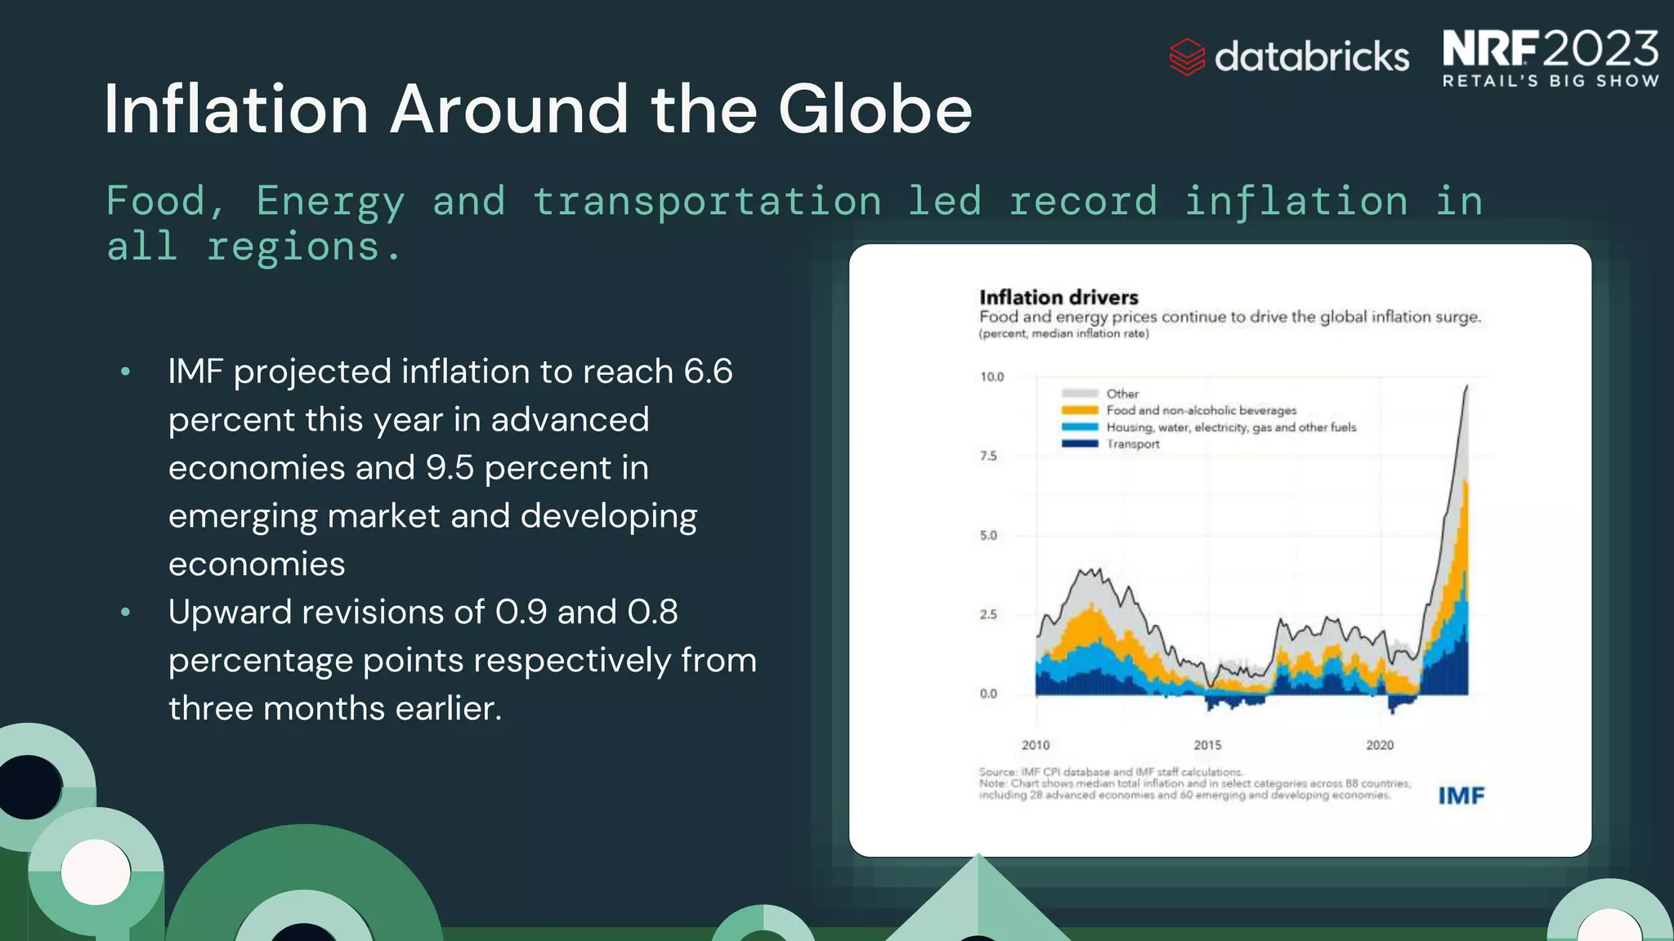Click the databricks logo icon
pyautogui.click(x=1187, y=57)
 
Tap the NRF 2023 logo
pyautogui.click(x=1550, y=57)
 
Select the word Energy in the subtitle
pyautogui.click(x=330, y=202)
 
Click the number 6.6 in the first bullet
pyautogui.click(x=708, y=372)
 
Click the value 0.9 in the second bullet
pyautogui.click(x=521, y=612)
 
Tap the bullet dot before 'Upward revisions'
pyautogui.click(x=125, y=612)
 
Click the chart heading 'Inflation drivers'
pyautogui.click(x=1059, y=297)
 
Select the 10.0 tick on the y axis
pyautogui.click(x=991, y=377)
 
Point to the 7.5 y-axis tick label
pyautogui.click(x=988, y=456)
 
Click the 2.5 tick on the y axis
pyautogui.click(x=988, y=614)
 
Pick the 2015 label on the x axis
pyautogui.click(x=1207, y=745)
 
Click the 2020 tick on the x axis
pyautogui.click(x=1380, y=745)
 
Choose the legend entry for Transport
pyautogui.click(x=1132, y=444)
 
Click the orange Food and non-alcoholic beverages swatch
pyautogui.click(x=1080, y=410)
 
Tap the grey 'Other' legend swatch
pyautogui.click(x=1080, y=394)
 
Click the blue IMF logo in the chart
pyautogui.click(x=1461, y=796)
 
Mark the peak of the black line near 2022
pyautogui.click(x=1466, y=386)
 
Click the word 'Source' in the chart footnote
pyautogui.click(x=996, y=771)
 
